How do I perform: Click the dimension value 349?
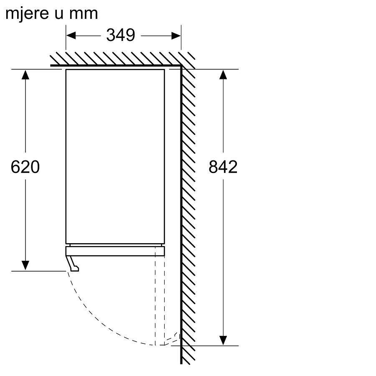click(x=121, y=35)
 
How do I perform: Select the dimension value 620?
click(x=25, y=167)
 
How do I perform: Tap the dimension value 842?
click(x=223, y=167)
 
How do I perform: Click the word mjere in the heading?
click(x=27, y=14)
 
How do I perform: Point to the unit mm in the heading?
click(x=84, y=14)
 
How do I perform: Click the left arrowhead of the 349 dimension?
click(x=71, y=36)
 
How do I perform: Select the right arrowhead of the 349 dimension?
click(x=176, y=36)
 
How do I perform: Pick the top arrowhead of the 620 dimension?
click(x=25, y=75)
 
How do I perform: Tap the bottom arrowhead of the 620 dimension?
click(x=25, y=266)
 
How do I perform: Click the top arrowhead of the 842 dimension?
click(x=223, y=75)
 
